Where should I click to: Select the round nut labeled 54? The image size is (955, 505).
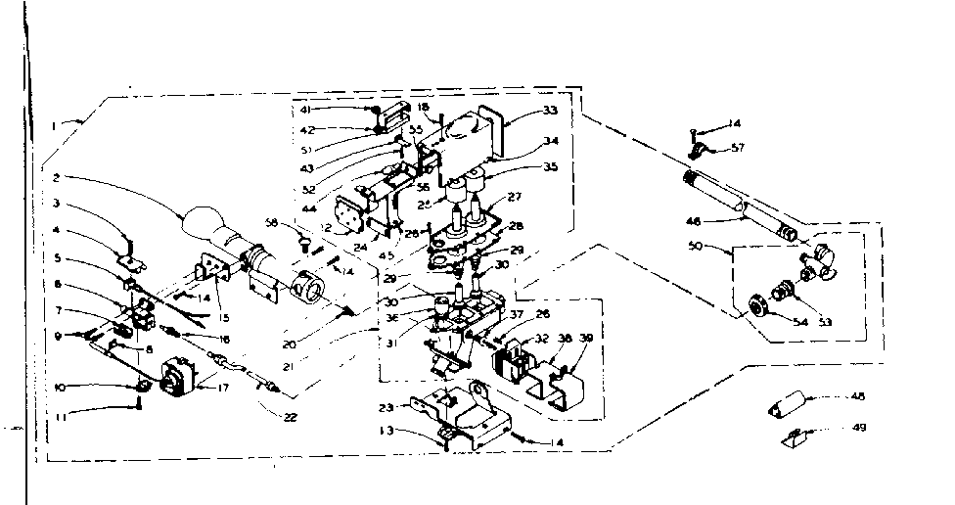(757, 303)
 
